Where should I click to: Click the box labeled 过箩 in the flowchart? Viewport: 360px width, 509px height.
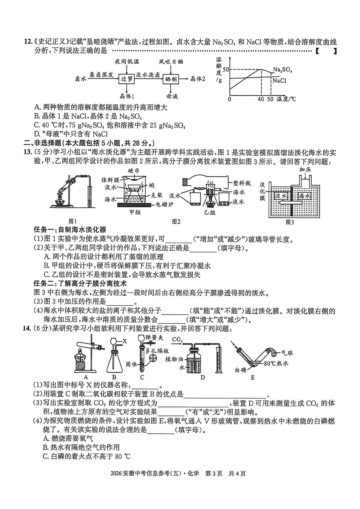point(127,79)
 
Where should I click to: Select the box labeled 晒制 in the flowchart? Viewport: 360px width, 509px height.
point(171,79)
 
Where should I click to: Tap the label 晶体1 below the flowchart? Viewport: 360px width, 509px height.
point(127,96)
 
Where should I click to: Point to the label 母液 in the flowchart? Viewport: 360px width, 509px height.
point(172,96)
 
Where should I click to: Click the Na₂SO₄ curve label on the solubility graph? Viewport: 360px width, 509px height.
point(282,70)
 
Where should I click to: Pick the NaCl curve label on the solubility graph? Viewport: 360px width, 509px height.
point(279,81)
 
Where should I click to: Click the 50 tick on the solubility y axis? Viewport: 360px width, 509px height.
point(226,70)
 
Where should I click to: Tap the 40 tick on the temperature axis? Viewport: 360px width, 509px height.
point(261,99)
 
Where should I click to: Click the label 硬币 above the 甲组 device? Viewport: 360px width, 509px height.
point(134,171)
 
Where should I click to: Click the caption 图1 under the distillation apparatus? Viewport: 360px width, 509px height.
point(73,221)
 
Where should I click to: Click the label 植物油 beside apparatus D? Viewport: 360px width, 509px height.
point(174,359)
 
